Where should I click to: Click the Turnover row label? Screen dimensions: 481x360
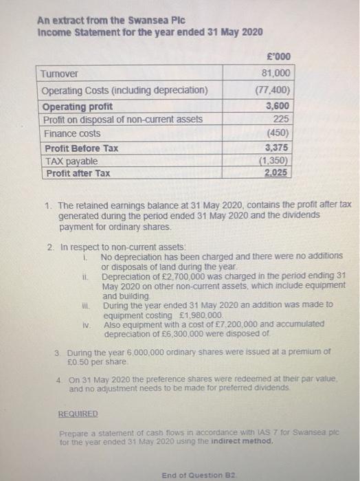point(59,74)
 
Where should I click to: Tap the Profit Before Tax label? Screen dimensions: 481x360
point(80,148)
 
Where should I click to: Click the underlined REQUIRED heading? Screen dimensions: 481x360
point(78,415)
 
